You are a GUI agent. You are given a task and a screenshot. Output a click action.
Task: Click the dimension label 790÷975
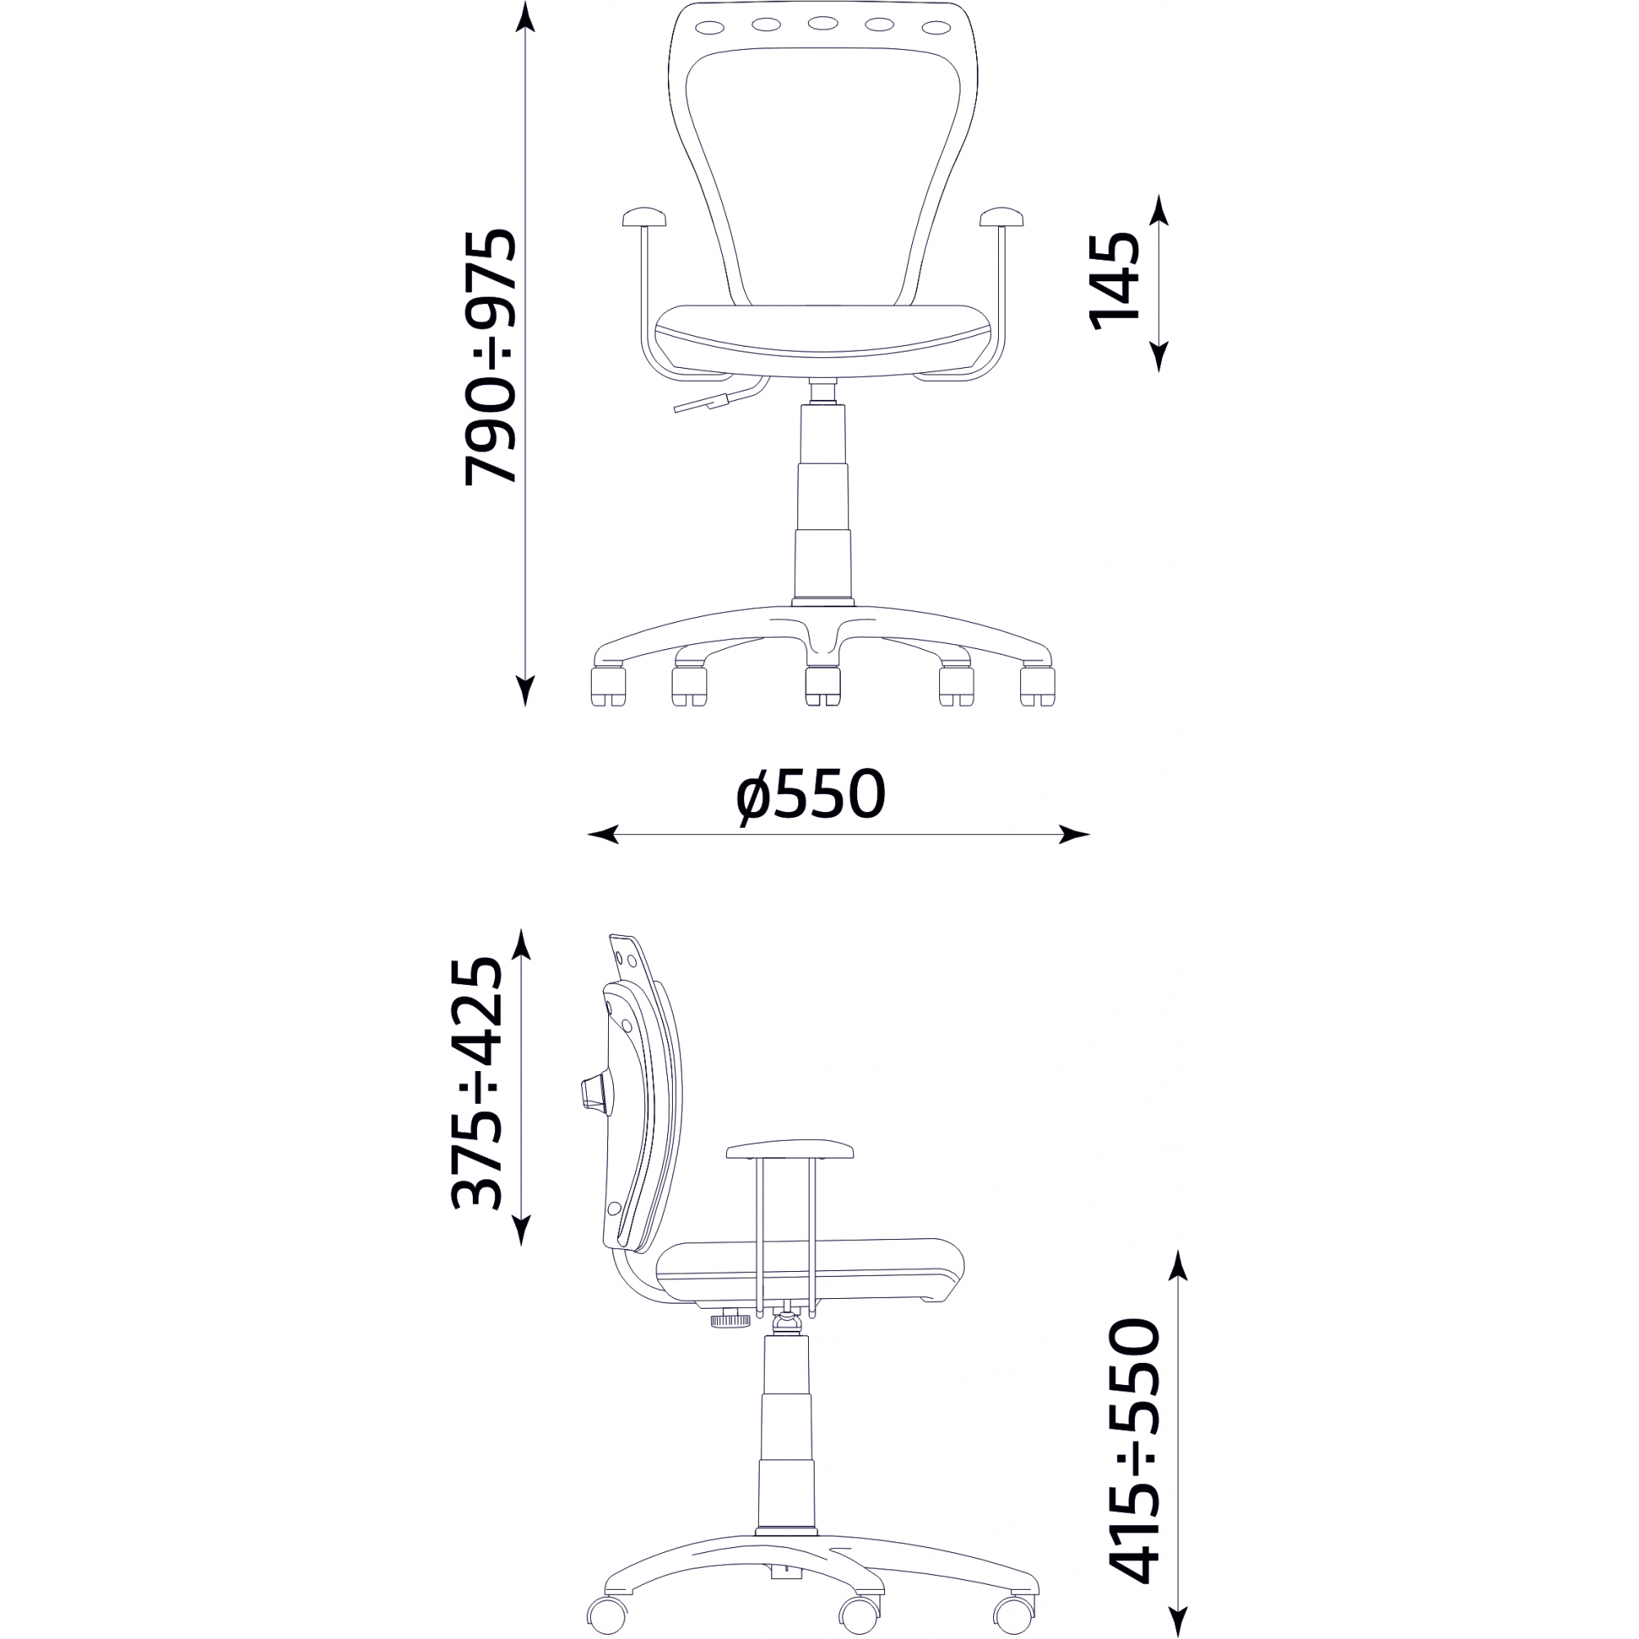(490, 356)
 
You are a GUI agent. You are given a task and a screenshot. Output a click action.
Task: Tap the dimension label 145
(1114, 280)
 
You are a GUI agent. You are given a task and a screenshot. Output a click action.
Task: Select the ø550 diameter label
(811, 795)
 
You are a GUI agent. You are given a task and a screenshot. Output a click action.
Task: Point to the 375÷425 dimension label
(476, 1083)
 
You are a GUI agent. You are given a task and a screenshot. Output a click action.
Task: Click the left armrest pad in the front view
(645, 217)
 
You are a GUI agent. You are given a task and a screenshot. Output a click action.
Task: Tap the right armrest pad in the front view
(1002, 217)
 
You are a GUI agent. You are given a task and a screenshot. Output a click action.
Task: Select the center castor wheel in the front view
(822, 686)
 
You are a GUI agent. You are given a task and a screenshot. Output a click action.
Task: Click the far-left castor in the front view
(608, 686)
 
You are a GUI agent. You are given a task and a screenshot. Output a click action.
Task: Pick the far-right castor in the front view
(1037, 686)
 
